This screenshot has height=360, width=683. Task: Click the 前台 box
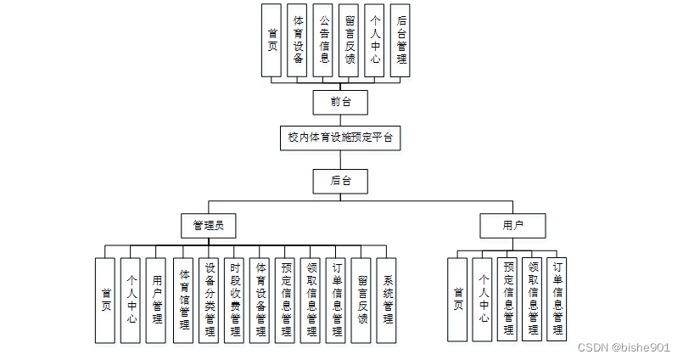(x=340, y=102)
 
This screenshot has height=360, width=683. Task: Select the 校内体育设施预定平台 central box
(x=339, y=138)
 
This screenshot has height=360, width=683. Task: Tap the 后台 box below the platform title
(x=340, y=180)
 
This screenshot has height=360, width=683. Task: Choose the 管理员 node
(x=209, y=225)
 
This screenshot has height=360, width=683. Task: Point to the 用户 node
(x=512, y=225)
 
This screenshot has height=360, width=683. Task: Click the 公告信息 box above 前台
(x=323, y=41)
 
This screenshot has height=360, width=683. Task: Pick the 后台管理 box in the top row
(x=400, y=41)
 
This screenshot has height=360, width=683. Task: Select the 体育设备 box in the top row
(x=298, y=41)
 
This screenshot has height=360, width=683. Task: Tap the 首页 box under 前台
(x=272, y=41)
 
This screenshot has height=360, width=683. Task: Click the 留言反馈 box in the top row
(x=349, y=41)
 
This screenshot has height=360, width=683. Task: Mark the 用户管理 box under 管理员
(x=156, y=300)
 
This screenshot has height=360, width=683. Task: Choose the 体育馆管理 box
(x=183, y=300)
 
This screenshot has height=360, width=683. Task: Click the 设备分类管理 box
(x=209, y=300)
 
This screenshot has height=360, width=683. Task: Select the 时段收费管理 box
(x=234, y=300)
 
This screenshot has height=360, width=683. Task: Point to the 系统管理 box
(x=387, y=300)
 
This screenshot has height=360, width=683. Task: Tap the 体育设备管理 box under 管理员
(x=260, y=300)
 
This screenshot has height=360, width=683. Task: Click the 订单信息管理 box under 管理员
(x=336, y=300)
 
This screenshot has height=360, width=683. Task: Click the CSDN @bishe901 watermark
(x=624, y=347)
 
